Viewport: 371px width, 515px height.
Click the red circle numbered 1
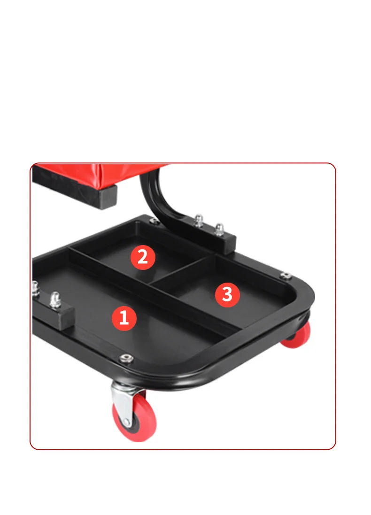pyautogui.click(x=124, y=318)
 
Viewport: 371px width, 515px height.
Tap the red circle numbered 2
pyautogui.click(x=143, y=257)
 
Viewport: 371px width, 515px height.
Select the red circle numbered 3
pyautogui.click(x=227, y=295)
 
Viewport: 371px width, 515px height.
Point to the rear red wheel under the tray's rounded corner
pyautogui.click(x=297, y=336)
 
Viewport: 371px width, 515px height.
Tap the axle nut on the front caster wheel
pyautogui.click(x=126, y=422)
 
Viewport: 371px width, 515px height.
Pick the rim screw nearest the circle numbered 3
pyautogui.click(x=286, y=275)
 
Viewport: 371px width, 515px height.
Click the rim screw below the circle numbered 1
pyautogui.click(x=126, y=358)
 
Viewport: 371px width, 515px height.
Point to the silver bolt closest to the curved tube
pyautogui.click(x=199, y=221)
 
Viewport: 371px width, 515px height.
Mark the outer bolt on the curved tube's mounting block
pyautogui.click(x=219, y=229)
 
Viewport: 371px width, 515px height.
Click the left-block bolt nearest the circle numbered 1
pyautogui.click(x=55, y=300)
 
